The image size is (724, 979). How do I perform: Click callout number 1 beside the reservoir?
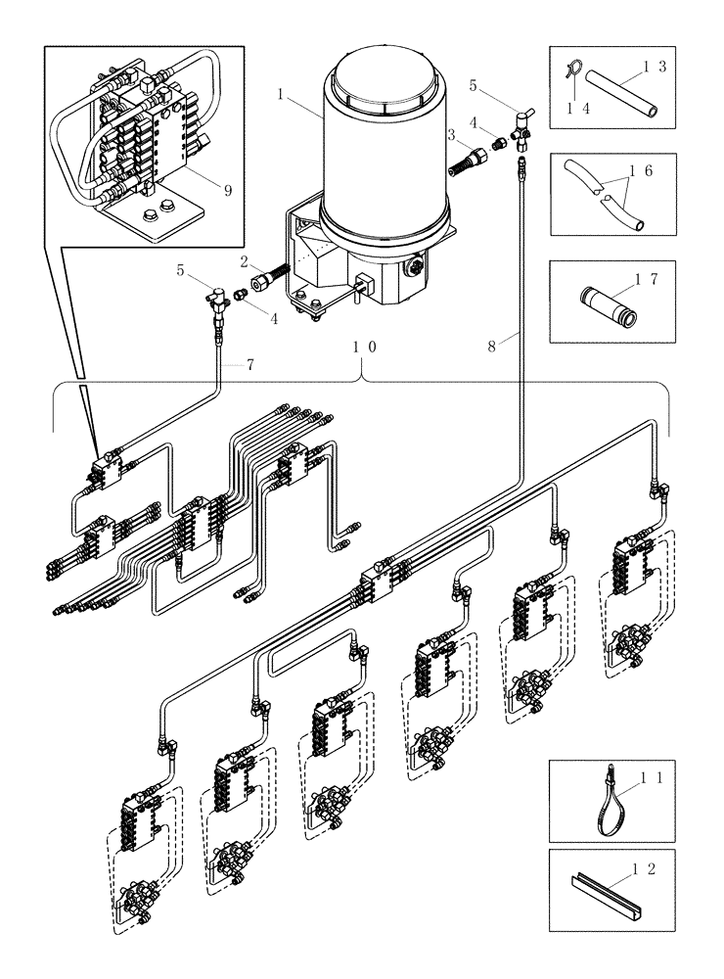tap(281, 96)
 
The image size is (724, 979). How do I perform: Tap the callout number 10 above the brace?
tap(362, 347)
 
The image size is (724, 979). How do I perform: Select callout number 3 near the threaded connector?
tap(452, 133)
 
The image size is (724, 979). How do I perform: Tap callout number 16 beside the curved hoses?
tap(648, 170)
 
